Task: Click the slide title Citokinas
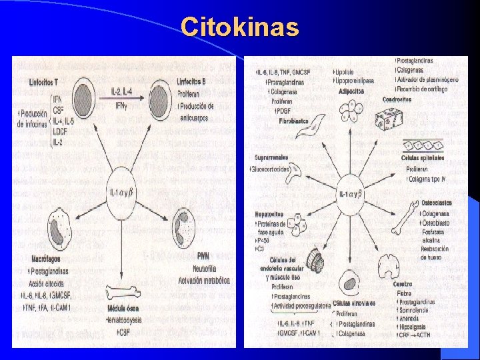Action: [x=240, y=27]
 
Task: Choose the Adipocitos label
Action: [x=351, y=90]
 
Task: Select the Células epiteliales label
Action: [x=424, y=159]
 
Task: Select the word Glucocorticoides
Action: [x=271, y=169]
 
